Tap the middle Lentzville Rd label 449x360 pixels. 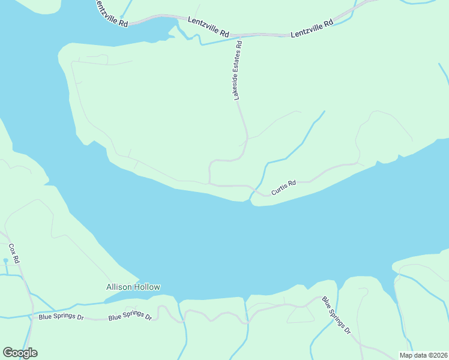(208, 28)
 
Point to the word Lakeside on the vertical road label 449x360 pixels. (237, 86)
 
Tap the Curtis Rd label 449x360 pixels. (283, 188)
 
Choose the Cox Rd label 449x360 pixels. (14, 253)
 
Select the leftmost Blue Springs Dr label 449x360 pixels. (61, 316)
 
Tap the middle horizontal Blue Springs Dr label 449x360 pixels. (130, 316)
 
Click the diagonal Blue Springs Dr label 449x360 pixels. (336, 315)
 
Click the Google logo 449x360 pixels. (20, 353)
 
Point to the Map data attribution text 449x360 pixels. (423, 355)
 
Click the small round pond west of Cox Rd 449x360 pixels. (5, 261)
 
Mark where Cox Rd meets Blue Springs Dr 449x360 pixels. (31, 314)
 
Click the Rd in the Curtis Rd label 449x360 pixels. (292, 183)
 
